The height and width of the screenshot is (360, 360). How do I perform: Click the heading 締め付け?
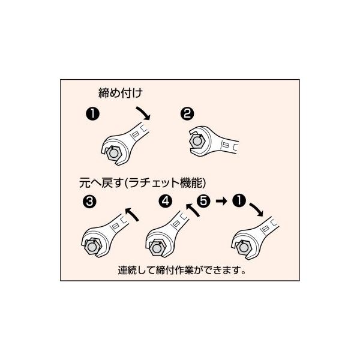pos(120,93)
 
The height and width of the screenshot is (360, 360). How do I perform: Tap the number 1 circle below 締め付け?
pos(92,113)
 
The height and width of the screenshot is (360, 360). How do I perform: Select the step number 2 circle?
pos(187,113)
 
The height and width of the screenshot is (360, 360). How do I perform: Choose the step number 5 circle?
pos(203,202)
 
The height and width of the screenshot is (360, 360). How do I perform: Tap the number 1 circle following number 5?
pos(240,202)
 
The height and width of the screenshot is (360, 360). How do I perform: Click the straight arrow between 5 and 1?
pos(221,202)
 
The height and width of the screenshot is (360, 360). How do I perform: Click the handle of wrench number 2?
pos(230,145)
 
